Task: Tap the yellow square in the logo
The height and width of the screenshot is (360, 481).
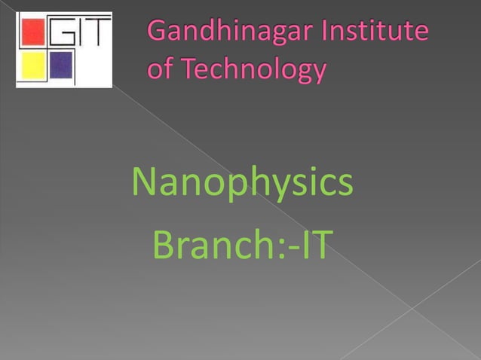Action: point(33,65)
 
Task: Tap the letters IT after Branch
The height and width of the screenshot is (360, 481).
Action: point(311,246)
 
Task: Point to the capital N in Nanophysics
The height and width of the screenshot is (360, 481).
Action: point(144,182)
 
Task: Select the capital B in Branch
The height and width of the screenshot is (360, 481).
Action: point(163,246)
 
